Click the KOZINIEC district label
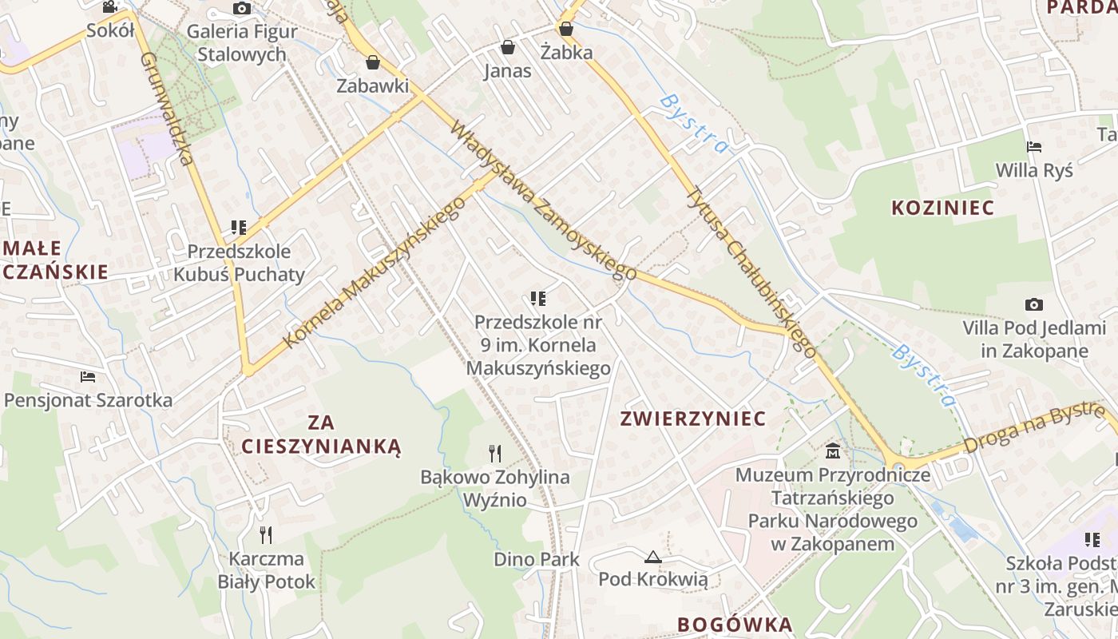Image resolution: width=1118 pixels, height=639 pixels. click(942, 208)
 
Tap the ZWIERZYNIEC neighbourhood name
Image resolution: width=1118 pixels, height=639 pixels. click(693, 419)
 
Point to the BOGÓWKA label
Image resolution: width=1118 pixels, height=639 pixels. click(735, 625)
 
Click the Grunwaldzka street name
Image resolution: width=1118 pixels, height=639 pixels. click(168, 109)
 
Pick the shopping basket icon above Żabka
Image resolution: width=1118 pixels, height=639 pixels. click(566, 30)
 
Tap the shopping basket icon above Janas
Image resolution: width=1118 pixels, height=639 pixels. click(507, 48)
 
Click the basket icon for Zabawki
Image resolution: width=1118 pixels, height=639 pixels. click(372, 62)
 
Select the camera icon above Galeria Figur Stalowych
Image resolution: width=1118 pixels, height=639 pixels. click(241, 9)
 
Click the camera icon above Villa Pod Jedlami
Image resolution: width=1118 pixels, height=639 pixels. click(1034, 304)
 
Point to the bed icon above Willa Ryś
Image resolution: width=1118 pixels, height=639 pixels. click(1034, 147)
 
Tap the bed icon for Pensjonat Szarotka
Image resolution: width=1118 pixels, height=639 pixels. click(88, 376)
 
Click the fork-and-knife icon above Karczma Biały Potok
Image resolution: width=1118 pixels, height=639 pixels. click(266, 534)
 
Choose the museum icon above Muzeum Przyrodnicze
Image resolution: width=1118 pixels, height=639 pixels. click(833, 450)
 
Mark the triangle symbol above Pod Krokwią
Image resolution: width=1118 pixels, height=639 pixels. click(653, 556)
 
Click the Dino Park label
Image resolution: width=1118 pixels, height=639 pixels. click(537, 559)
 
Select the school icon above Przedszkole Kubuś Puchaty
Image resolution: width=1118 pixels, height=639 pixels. click(238, 228)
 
